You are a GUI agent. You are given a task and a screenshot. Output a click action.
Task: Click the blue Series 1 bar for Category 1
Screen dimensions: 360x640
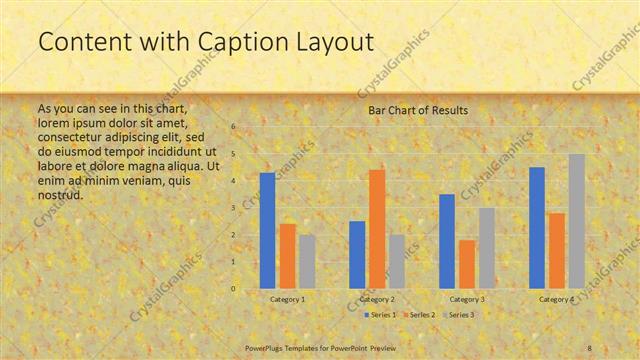(x=267, y=231)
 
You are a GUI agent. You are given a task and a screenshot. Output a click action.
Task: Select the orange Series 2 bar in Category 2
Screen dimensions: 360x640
(x=377, y=229)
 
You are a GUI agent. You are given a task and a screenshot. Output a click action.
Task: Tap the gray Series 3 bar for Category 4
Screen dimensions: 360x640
(x=576, y=221)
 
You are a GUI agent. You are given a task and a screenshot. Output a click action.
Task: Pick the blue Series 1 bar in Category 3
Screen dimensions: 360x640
(x=447, y=241)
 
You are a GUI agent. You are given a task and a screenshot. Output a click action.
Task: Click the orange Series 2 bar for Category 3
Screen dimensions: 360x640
(x=467, y=264)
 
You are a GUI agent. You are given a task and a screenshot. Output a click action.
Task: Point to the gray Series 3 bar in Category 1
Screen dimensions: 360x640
(x=307, y=262)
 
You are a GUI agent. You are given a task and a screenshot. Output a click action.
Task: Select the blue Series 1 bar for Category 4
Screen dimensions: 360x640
(x=537, y=228)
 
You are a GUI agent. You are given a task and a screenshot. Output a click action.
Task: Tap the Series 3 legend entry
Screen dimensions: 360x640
(x=459, y=315)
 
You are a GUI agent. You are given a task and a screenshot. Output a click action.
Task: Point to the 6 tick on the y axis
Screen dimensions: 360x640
(x=233, y=127)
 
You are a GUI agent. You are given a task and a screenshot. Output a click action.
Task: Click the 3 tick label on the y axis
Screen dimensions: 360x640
(x=233, y=208)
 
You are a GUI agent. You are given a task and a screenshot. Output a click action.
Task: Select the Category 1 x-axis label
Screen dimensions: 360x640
(x=288, y=299)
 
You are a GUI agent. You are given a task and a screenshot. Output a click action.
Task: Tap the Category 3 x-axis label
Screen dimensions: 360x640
(x=467, y=299)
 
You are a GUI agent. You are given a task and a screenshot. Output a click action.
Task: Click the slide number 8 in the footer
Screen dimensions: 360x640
(x=590, y=347)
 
